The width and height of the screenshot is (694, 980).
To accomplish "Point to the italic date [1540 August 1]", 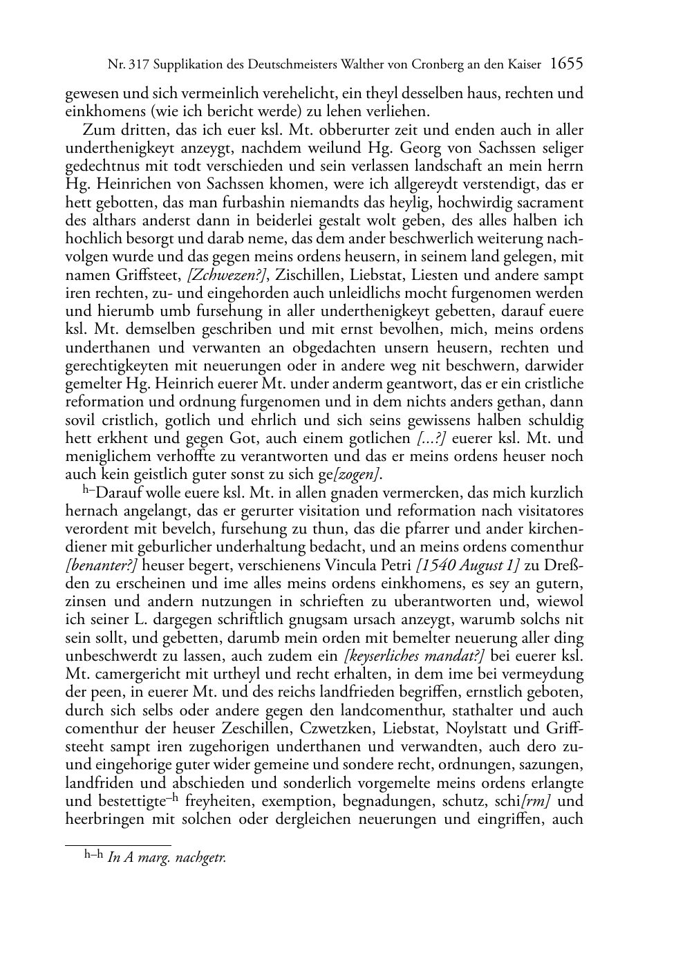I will tap(469, 565).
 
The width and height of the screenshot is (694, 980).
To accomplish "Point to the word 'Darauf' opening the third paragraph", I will tap(118, 493).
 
